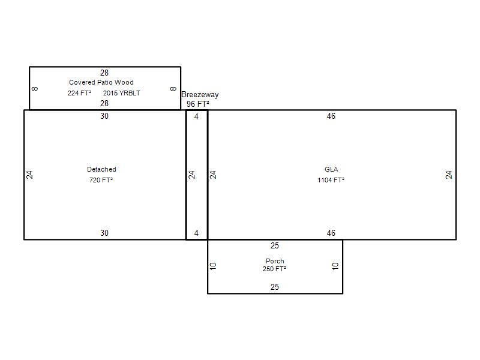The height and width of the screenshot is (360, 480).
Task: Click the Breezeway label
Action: pos(200,95)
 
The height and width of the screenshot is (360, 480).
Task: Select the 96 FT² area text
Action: pos(198,104)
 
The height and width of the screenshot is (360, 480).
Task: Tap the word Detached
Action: pos(101,169)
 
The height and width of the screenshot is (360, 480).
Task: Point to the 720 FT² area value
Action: pos(101,180)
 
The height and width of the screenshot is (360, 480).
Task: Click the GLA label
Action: pos(331,169)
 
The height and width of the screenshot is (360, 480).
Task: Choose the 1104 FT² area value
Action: pos(331,180)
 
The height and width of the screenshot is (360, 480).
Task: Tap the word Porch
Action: pos(275,261)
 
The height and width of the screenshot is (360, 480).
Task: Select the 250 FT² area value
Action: pos(274,269)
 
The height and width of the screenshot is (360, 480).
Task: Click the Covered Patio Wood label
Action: pos(101,82)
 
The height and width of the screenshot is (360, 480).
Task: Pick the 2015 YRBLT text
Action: pos(122,93)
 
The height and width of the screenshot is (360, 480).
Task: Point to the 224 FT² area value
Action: pos(79,93)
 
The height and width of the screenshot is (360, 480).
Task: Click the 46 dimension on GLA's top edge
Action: pos(331,116)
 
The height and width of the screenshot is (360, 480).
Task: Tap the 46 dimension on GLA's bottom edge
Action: pos(331,233)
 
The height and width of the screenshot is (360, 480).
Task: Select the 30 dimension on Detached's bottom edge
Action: pos(104,233)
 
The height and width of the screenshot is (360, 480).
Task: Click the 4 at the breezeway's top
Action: pos(196,116)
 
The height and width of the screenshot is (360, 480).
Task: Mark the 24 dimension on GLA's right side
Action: pos(449,175)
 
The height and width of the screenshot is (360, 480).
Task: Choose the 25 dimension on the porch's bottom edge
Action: pos(275,287)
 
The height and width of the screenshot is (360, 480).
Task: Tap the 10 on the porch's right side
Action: pos(335,266)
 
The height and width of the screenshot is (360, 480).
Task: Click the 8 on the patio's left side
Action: pos(35,89)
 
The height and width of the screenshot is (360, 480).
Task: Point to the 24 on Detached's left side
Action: pos(29,175)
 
